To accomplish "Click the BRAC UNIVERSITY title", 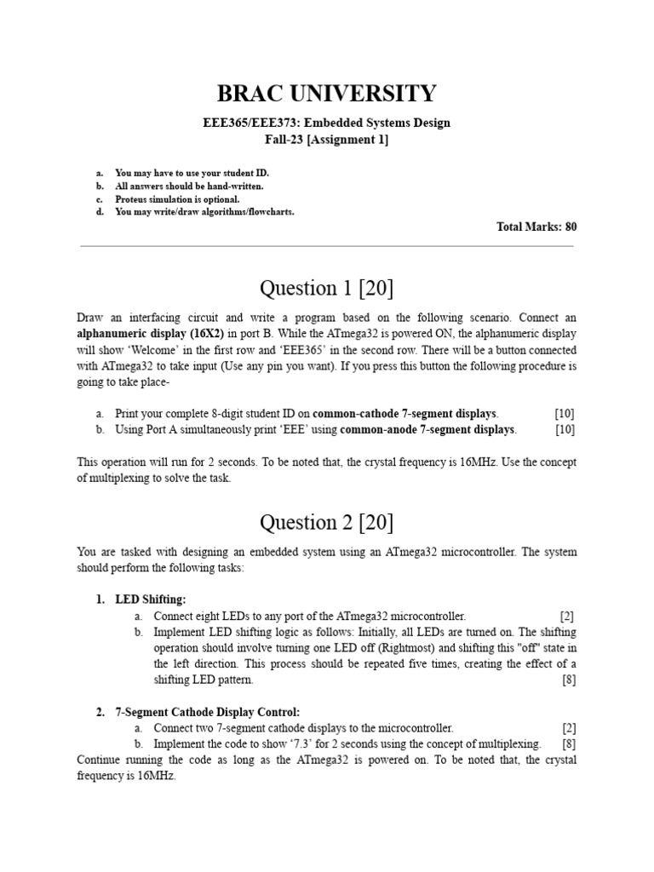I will [327, 93].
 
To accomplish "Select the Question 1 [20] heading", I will [327, 289].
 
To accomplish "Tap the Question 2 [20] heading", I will [327, 522].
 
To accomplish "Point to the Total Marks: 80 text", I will [536, 227].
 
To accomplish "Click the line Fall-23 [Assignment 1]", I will [327, 140].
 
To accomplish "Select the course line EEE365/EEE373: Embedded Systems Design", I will [327, 123].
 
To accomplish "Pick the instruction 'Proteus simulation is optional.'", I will [171, 199].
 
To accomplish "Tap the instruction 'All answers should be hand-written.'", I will [189, 186].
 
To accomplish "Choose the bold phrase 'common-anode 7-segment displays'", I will [427, 429].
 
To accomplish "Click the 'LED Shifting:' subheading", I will [150, 599].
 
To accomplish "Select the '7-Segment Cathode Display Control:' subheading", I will [208, 712].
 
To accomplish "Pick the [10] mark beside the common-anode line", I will [565, 429].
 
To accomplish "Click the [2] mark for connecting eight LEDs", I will [567, 616].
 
